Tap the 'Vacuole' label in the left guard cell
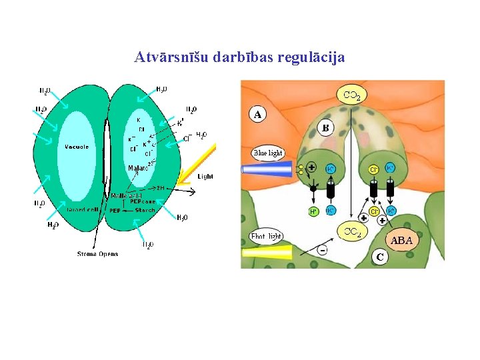77,147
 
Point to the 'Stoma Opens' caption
98,254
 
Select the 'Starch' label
145,210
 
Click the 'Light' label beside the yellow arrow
205,177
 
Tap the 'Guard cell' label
84,209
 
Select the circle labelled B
326,127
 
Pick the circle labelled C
379,256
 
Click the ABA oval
401,240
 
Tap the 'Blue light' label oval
268,153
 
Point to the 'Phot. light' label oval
266,237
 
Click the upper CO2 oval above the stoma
352,95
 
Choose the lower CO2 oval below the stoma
352,232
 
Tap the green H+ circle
313,211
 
